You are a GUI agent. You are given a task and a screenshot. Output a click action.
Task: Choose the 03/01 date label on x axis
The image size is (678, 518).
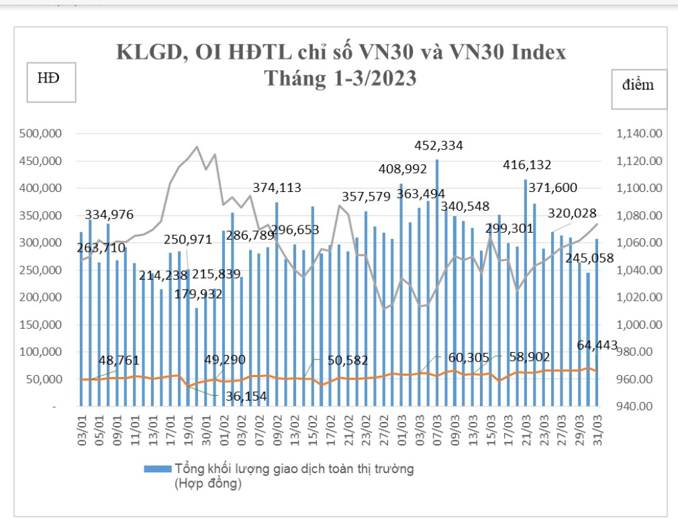pos(82,428)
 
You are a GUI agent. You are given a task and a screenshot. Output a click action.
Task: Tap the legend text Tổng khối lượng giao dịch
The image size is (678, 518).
pos(293,469)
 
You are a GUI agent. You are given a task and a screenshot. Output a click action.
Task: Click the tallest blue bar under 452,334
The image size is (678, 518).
pos(437,282)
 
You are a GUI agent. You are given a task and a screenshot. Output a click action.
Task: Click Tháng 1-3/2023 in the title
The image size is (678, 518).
pos(340,79)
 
